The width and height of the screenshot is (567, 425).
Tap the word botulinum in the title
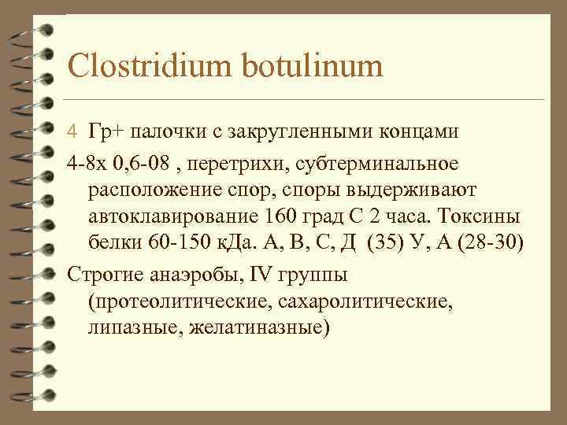[314, 66]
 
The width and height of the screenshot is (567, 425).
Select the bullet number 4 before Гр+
[71, 131]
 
